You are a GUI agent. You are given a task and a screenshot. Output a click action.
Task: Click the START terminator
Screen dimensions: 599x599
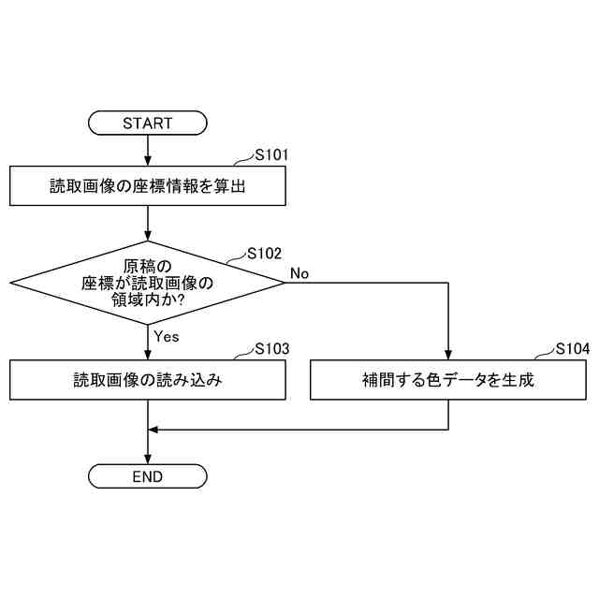pos(148,123)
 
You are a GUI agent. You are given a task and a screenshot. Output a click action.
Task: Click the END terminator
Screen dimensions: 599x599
pos(148,477)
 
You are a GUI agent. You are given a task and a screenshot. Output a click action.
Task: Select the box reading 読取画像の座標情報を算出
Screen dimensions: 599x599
pos(148,186)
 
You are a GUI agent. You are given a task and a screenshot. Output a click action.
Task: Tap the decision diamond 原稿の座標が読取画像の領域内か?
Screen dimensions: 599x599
pos(148,282)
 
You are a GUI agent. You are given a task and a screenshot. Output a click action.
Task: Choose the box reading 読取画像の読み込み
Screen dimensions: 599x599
pos(148,380)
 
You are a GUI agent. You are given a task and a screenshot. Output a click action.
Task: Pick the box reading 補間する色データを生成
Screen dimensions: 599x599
pos(449,380)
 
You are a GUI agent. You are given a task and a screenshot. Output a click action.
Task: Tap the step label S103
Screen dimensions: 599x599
pos(272,348)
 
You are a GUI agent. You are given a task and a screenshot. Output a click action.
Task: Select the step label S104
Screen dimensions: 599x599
pos(572,348)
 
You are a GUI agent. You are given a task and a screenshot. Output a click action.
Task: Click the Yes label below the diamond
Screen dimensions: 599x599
pos(166,336)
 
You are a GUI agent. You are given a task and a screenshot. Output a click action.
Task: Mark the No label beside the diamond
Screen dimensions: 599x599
pos(299,273)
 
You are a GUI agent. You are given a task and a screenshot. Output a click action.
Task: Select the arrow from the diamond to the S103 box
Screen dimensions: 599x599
pos(148,342)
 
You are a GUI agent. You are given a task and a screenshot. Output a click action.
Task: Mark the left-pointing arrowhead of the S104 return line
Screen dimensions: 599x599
pos(154,430)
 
